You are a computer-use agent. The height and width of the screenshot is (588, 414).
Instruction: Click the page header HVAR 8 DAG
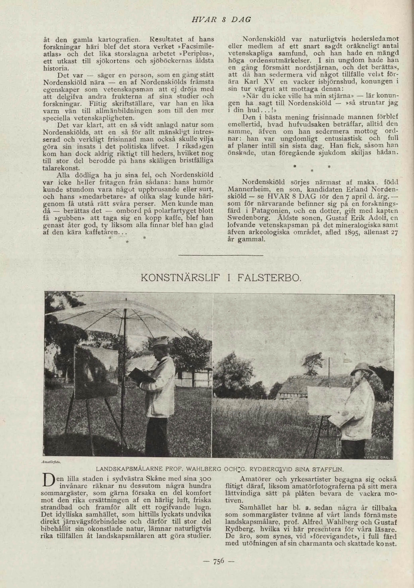pos(221,20)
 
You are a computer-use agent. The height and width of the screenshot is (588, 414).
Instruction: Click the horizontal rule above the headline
pos(221,255)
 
